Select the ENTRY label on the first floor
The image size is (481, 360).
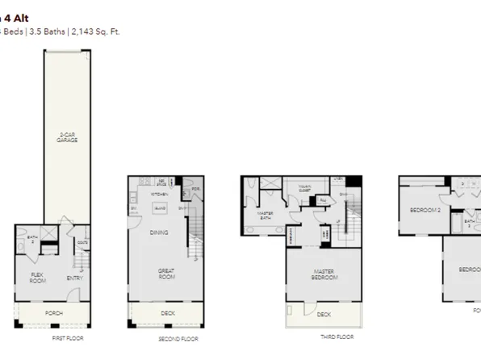[73, 279]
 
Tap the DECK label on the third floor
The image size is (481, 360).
[324, 314]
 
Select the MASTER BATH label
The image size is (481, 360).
[266, 216]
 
